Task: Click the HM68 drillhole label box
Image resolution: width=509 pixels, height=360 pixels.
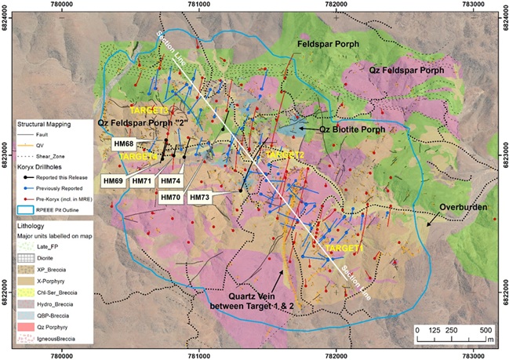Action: [124, 144]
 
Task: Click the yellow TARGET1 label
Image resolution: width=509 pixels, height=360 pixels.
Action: [343, 247]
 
